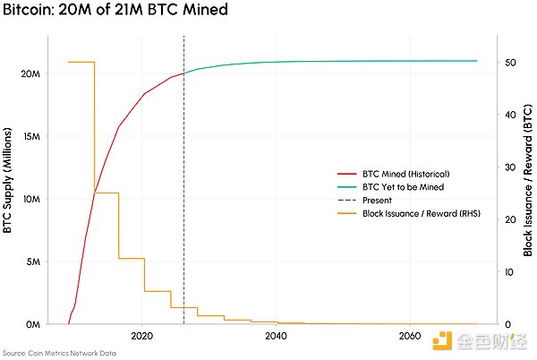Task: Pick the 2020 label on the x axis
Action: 142,336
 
